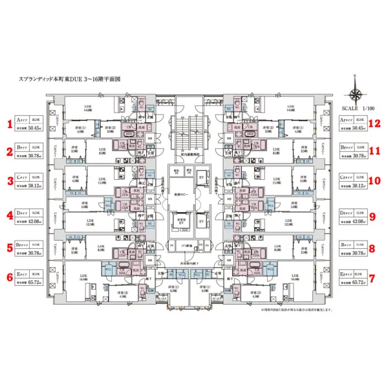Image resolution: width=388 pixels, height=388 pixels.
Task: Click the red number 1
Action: [9, 123]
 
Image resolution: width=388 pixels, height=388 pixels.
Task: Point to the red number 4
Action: [9, 215]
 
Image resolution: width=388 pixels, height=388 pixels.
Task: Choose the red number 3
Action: [9, 183]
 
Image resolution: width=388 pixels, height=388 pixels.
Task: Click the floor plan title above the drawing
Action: [70, 80]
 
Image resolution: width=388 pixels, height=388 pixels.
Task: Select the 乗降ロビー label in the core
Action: [177, 195]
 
